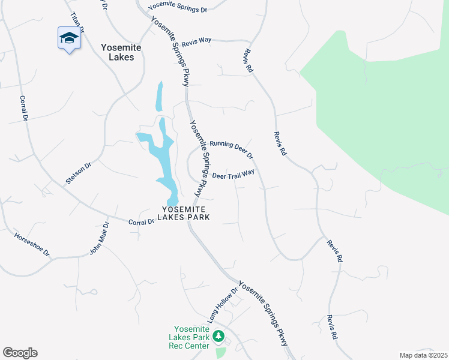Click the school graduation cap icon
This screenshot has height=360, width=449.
point(69,38)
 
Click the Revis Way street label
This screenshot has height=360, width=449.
point(197,40)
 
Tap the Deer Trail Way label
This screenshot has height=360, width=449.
point(234,174)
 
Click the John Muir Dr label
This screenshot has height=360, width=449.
point(100,238)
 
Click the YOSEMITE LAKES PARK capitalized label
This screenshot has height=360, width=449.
point(185,213)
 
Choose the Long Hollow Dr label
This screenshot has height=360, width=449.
point(223,305)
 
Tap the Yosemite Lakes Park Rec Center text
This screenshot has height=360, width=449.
point(191,337)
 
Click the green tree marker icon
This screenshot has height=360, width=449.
point(219,335)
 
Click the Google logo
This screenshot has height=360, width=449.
point(20,353)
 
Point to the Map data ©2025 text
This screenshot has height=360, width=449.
point(423,355)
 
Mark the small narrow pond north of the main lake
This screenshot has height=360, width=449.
point(159,96)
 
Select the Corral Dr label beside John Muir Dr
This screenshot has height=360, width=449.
point(142,222)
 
